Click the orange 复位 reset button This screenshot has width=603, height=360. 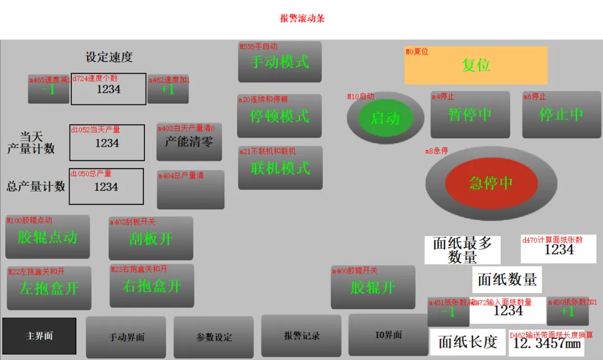(476, 65)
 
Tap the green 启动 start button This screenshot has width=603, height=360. (385, 118)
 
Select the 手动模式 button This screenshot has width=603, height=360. (280, 62)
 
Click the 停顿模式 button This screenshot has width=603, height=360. (279, 116)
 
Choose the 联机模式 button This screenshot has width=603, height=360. (280, 168)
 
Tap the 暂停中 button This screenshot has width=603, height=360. (470, 115)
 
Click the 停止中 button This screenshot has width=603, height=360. (561, 115)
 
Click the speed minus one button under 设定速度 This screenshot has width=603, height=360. (49, 89)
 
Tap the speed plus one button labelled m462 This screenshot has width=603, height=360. (168, 89)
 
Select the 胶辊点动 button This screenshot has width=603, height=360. (47, 237)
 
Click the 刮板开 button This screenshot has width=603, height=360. (151, 239)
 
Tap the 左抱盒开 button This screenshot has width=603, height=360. (49, 289)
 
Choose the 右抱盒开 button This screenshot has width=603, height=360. (152, 286)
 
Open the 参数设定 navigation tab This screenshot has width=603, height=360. (214, 337)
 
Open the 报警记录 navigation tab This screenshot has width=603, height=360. (301, 335)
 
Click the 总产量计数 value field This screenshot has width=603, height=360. (106, 187)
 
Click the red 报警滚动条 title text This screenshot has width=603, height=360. (302, 18)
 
